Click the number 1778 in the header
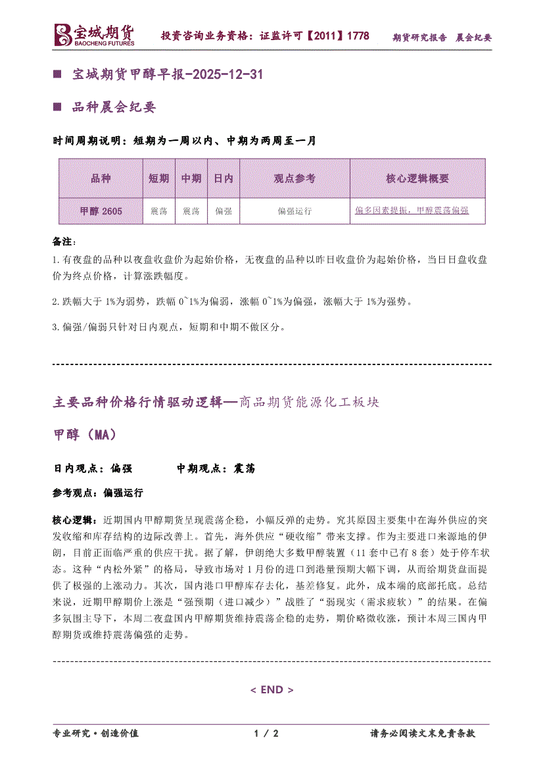[358, 36]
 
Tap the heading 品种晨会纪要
[114, 107]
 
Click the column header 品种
[101, 178]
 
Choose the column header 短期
[158, 178]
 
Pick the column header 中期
[191, 178]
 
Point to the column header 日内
[223, 178]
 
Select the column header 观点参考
[295, 178]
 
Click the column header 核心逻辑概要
[417, 178]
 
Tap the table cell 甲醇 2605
[101, 211]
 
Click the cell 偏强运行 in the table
[295, 211]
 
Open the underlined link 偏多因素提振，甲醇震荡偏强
[412, 211]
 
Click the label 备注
[64, 241]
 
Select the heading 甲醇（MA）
[84, 435]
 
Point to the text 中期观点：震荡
[216, 468]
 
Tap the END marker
[271, 689]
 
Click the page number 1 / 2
[266, 733]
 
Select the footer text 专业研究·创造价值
[95, 733]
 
